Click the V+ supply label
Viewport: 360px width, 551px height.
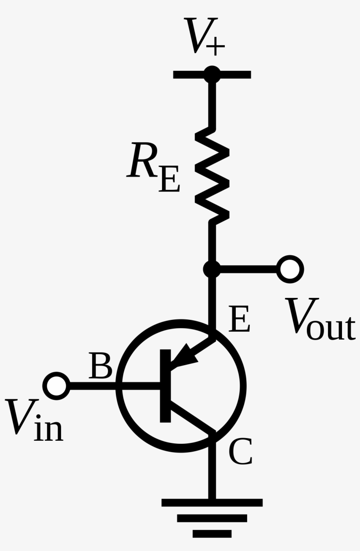pyautogui.click(x=205, y=36)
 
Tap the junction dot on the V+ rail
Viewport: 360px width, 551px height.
pyautogui.click(x=212, y=74)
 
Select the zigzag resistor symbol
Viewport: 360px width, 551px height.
pyautogui.click(x=212, y=176)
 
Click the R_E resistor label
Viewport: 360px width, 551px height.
pyautogui.click(x=153, y=167)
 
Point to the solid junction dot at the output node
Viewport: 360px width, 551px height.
pyautogui.click(x=212, y=269)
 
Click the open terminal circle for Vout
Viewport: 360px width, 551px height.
pyautogui.click(x=290, y=269)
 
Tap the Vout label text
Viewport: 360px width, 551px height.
pyautogui.click(x=320, y=319)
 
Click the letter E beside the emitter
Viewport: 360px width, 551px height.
pyautogui.click(x=239, y=319)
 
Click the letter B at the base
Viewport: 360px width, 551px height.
pyautogui.click(x=101, y=366)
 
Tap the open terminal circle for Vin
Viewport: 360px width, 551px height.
pyautogui.click(x=56, y=386)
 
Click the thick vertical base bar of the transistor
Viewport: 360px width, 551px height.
pyautogui.click(x=166, y=386)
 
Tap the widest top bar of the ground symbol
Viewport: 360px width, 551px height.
pyautogui.click(x=212, y=503)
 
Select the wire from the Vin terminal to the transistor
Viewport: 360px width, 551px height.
pyautogui.click(x=115, y=386)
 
